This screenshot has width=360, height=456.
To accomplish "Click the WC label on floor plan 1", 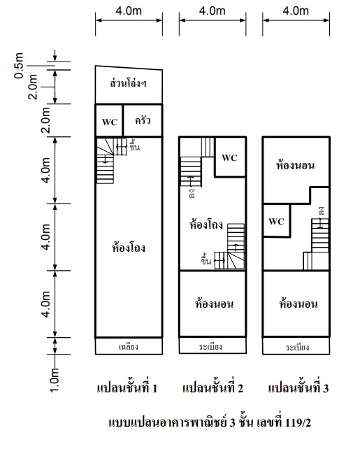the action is [x=110, y=122].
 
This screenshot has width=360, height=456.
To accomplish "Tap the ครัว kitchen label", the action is [x=143, y=120].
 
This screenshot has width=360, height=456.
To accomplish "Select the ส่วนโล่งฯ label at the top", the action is [x=128, y=83].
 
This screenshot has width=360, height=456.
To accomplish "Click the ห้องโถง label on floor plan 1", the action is [x=129, y=248].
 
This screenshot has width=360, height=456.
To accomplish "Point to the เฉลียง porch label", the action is [x=128, y=347].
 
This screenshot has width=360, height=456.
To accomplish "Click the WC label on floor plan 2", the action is [x=229, y=157].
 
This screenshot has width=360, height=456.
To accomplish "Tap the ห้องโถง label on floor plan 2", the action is [x=206, y=225].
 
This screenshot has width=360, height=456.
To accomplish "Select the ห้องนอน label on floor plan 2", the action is [x=214, y=304].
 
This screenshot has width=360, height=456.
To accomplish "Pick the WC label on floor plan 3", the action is [x=276, y=222].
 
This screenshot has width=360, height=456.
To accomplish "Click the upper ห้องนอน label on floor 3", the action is [x=295, y=165].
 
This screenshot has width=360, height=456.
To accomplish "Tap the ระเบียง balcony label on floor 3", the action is [x=297, y=347].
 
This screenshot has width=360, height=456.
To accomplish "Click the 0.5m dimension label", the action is [x=19, y=66].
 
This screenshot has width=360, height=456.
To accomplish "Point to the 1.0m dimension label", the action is [x=55, y=380].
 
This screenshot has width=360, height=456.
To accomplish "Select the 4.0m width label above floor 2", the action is [x=212, y=11].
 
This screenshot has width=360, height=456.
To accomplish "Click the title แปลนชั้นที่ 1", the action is [x=127, y=388].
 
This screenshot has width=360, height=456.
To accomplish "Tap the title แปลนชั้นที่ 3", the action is [x=298, y=388].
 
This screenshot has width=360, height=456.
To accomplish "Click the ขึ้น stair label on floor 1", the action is [x=134, y=146].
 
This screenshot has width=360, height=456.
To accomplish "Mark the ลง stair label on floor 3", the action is [x=321, y=211].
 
